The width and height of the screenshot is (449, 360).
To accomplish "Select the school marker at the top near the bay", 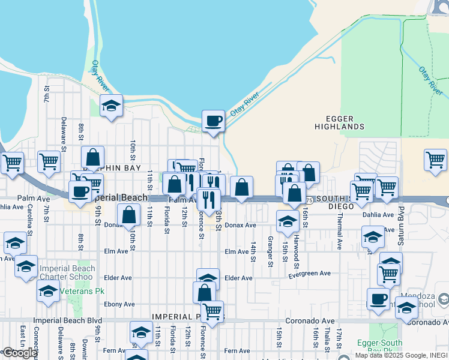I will click(x=112, y=106).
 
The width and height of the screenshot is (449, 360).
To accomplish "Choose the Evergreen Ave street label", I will click(x=309, y=274).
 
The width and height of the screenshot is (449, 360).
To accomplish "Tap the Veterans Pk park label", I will click(x=76, y=290).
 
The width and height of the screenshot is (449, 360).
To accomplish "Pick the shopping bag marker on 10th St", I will click(x=129, y=215).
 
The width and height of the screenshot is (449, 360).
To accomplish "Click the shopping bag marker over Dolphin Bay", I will click(x=93, y=158).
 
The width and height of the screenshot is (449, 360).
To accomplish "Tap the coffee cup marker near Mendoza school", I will click(x=378, y=299).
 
